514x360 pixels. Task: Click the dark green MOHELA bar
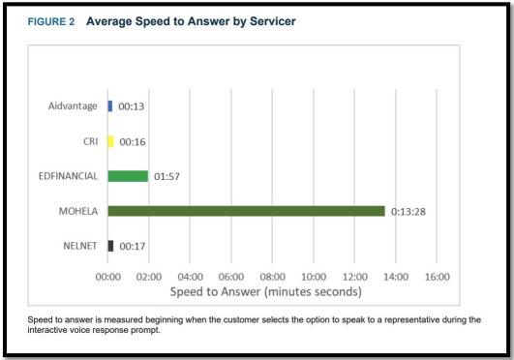(246, 211)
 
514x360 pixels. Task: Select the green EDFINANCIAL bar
(128, 176)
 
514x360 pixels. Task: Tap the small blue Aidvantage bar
(110, 105)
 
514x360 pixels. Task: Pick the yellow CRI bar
(110, 141)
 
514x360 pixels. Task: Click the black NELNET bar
(110, 246)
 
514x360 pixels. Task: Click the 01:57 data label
(167, 176)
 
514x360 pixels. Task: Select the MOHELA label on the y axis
(76, 211)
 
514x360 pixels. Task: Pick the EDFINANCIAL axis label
(67, 176)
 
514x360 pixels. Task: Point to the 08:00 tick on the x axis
(273, 277)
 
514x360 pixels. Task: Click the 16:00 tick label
(438, 277)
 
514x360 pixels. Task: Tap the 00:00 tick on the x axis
(108, 277)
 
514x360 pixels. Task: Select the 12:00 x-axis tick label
(355, 277)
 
